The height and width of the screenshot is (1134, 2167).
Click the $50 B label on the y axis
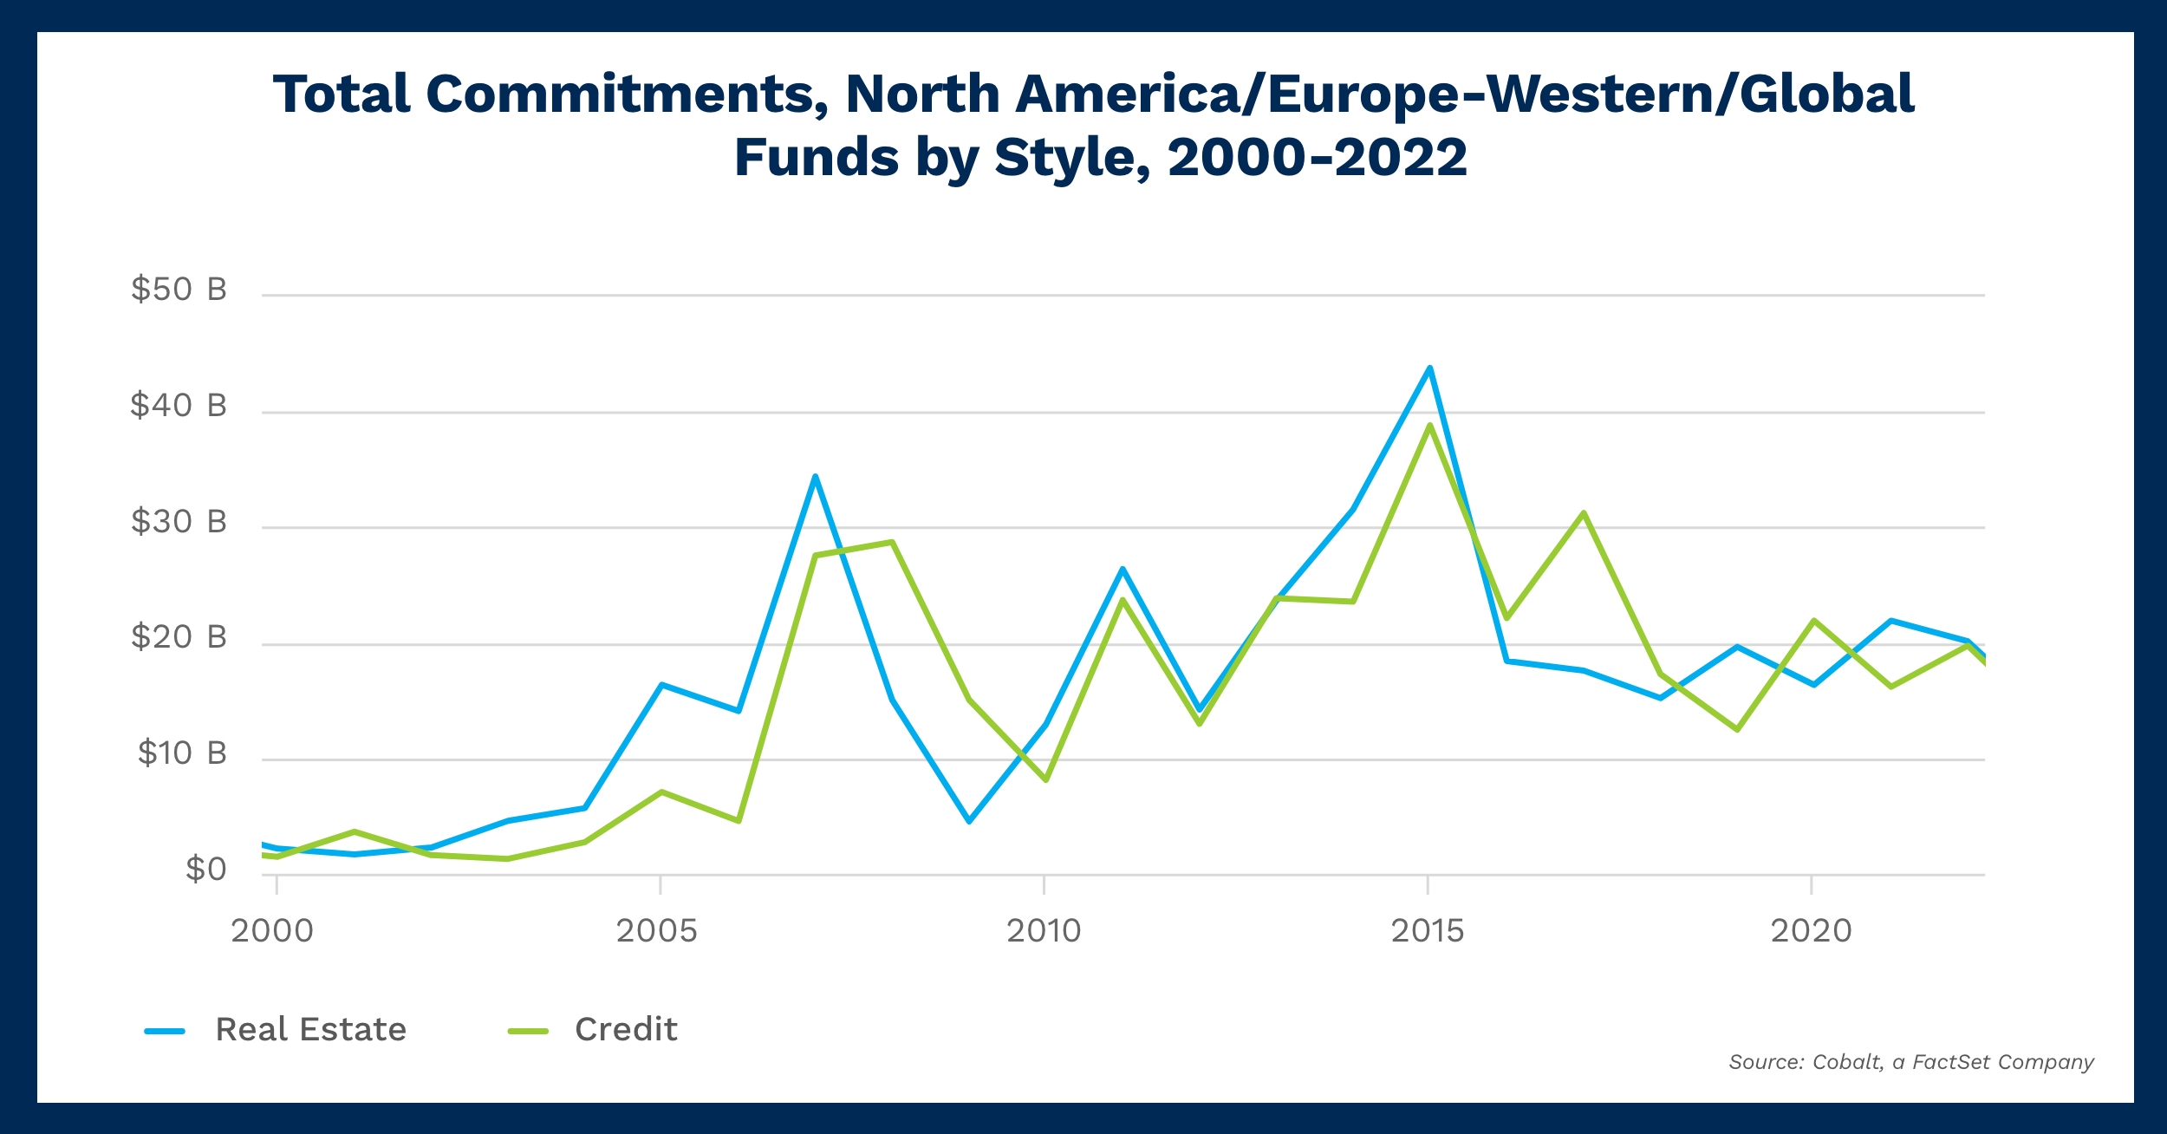(x=179, y=290)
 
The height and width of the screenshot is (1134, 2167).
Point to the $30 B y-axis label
(x=179, y=522)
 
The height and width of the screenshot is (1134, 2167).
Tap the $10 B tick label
(x=182, y=753)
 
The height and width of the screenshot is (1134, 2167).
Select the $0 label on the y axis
(x=205, y=870)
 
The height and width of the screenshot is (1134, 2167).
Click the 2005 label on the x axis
(x=656, y=931)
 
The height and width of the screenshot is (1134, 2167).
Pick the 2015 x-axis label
(x=1427, y=931)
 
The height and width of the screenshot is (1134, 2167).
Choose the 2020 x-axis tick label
(x=1811, y=931)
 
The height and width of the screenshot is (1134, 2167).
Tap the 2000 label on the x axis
(x=272, y=931)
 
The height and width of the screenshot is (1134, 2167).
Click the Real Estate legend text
(x=310, y=1029)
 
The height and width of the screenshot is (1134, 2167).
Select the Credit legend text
(x=626, y=1029)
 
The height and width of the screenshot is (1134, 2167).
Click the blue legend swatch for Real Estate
(x=165, y=1031)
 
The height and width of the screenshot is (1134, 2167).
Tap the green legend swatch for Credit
(x=528, y=1031)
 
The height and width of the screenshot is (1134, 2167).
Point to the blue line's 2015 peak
(x=1429, y=368)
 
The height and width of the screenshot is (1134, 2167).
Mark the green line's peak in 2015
(x=1429, y=425)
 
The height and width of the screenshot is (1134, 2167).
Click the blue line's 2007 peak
(x=815, y=476)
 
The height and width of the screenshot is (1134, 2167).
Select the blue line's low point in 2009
(x=968, y=820)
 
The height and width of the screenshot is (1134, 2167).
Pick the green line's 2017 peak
(x=1583, y=512)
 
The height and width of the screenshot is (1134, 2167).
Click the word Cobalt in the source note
(x=1847, y=1062)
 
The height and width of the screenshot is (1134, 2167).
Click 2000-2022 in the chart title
(x=1317, y=158)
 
